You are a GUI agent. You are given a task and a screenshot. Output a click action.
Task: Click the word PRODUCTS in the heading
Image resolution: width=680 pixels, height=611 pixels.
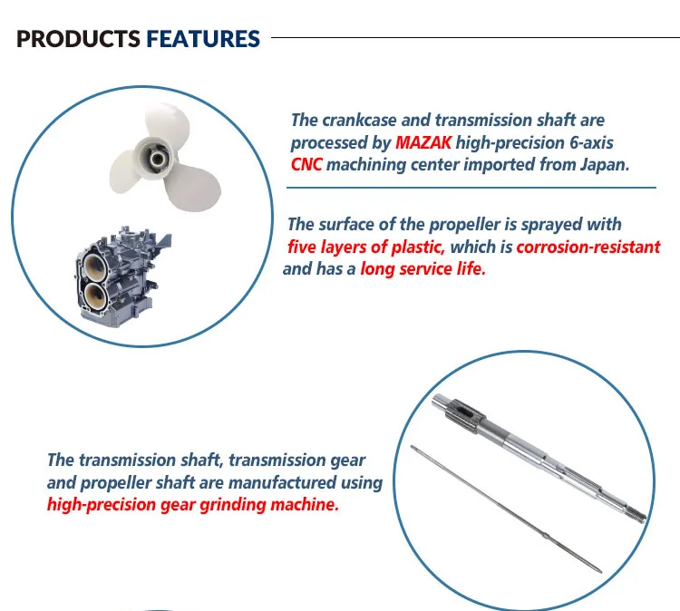pos(78,39)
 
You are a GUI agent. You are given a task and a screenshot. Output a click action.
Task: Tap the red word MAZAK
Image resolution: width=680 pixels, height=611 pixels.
pos(424,142)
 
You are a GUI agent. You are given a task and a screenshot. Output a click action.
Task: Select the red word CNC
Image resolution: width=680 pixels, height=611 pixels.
pos(306,164)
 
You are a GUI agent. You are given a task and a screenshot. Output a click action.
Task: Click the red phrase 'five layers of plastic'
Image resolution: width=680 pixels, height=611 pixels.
pos(365,247)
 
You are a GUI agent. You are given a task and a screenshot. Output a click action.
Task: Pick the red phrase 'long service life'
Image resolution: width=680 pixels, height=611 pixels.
pos(423,269)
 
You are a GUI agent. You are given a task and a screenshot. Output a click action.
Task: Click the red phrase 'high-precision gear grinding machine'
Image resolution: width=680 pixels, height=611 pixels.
pos(193,505)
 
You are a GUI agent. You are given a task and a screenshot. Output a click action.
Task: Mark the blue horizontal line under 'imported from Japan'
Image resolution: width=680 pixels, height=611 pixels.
pos(471,187)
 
